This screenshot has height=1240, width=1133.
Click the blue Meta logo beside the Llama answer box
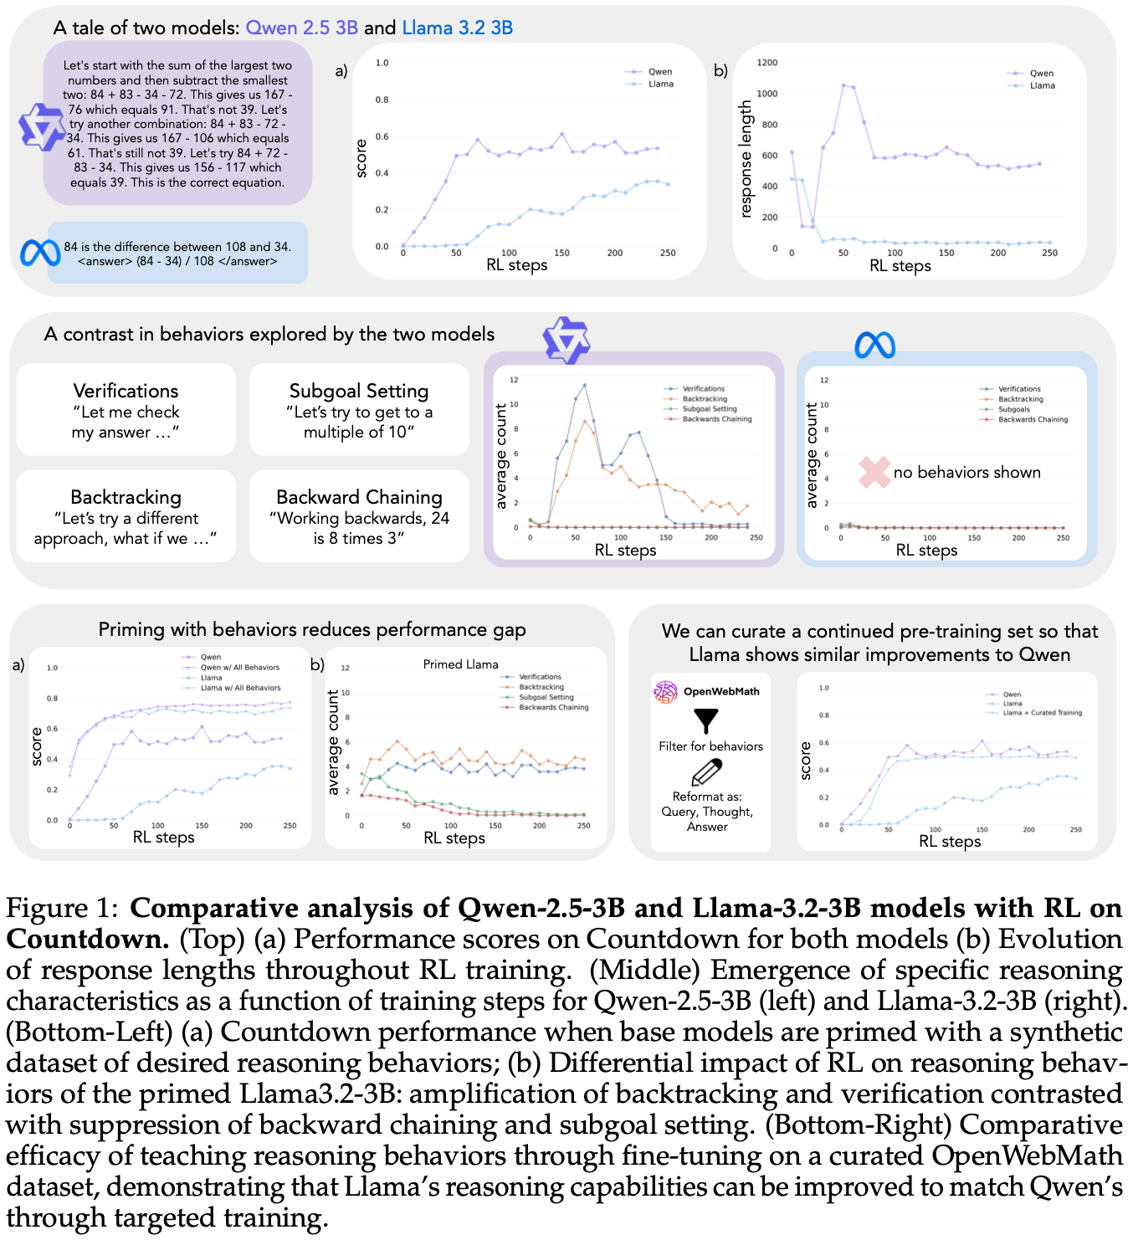point(39,253)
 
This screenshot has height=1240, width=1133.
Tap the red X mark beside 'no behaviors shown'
point(874,472)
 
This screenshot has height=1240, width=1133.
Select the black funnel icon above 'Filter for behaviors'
point(706,720)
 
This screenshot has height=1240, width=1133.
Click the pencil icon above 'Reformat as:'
point(706,772)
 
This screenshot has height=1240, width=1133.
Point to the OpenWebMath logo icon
point(665,692)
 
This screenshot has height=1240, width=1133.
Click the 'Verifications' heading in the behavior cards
point(126,391)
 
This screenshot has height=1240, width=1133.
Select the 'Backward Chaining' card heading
point(359,497)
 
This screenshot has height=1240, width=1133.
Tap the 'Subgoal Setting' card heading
point(359,391)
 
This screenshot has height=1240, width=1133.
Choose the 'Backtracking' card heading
point(126,497)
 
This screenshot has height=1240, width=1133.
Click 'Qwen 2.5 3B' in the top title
point(302,28)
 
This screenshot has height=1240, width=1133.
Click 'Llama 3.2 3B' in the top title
point(458,28)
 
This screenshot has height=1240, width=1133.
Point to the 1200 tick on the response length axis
point(766,63)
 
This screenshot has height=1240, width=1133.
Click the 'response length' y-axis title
point(746,159)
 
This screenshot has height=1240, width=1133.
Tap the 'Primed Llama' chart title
point(460,664)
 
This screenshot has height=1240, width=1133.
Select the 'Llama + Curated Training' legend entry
point(1042,713)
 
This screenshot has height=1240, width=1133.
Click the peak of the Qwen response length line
point(843,85)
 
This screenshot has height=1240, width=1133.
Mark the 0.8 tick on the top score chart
point(382,100)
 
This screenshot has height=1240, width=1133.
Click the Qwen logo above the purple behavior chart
point(566,340)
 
